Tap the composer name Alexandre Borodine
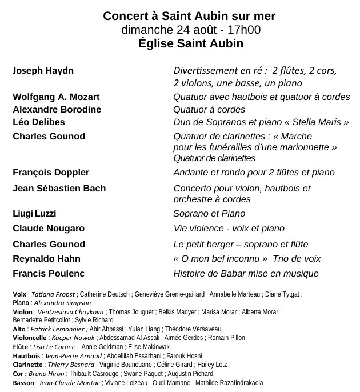point(57,109)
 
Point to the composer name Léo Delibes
point(39,122)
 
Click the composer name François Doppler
point(51,172)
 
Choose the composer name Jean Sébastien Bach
point(59,188)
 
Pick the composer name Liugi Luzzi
point(34,214)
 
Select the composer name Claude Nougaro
point(49,229)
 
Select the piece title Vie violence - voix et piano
point(229,229)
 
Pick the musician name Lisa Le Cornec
point(56,347)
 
